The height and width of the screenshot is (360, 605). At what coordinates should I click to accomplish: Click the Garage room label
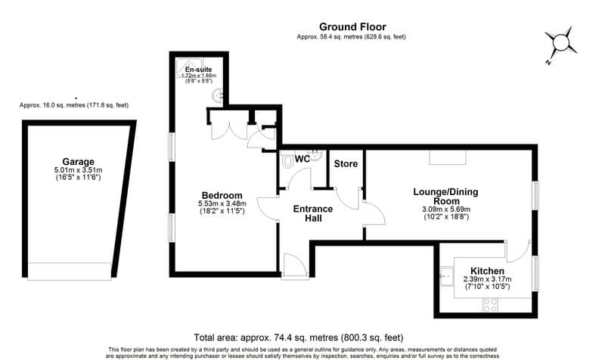[x=79, y=162]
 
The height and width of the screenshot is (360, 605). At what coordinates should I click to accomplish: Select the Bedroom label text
[x=222, y=195]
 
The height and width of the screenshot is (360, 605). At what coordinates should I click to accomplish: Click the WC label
[x=302, y=159]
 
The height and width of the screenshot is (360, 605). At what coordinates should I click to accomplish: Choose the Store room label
[x=345, y=163]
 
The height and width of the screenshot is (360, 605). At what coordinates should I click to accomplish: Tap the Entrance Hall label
[x=313, y=213]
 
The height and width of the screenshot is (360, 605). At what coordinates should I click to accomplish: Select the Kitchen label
[x=487, y=271]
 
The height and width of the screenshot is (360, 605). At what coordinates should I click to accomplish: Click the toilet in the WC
[x=287, y=162]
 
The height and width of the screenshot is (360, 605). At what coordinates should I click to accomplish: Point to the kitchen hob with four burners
[x=490, y=305]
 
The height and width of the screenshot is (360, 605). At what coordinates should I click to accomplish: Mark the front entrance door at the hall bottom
[x=293, y=265]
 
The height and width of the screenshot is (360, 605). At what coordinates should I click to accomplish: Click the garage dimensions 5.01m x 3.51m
[x=79, y=172]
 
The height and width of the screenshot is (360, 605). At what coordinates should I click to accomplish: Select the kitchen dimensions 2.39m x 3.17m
[x=487, y=280]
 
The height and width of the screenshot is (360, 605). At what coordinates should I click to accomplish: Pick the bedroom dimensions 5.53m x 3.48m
[x=222, y=204]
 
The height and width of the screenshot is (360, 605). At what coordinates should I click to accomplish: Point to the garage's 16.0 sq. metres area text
[x=73, y=105]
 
